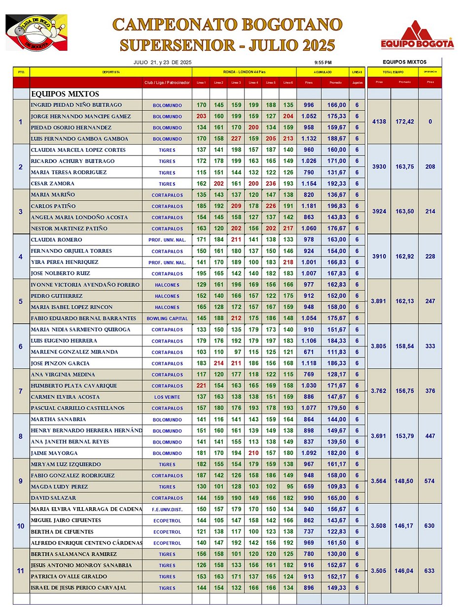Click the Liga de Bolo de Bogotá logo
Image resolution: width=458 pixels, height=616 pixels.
36,32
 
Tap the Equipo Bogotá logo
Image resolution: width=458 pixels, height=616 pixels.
417,36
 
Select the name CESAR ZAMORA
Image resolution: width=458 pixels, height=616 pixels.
52,184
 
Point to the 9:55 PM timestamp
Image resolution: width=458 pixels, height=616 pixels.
322,63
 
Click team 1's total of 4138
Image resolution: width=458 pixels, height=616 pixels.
379,122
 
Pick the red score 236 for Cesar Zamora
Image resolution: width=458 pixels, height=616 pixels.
271,184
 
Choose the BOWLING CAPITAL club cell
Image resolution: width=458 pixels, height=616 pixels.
167,319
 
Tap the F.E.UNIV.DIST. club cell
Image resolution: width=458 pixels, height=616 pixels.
167,509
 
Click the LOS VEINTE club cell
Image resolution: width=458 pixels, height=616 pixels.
167,397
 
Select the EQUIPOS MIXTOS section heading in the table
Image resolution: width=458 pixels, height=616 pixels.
65,94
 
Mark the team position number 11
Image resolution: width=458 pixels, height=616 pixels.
20,571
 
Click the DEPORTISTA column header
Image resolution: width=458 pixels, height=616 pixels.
110,72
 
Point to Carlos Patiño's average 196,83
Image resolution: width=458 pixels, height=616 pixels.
335,206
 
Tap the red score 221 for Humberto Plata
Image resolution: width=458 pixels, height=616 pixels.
201,386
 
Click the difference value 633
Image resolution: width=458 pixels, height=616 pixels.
429,571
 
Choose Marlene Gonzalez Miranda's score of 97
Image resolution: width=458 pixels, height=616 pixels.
236,352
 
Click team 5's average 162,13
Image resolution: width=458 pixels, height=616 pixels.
404,301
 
